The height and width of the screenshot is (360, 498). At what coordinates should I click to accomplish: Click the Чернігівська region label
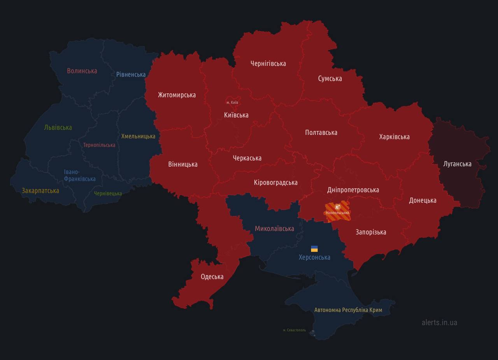point(268,63)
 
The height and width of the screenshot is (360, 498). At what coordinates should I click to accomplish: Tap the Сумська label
point(330,79)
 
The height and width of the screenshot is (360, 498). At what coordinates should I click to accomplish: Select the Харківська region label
point(394,137)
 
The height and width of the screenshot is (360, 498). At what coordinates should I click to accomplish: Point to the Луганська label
point(457,164)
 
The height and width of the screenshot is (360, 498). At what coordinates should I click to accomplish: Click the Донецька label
point(423,201)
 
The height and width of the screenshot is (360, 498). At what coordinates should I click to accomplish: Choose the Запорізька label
point(370,232)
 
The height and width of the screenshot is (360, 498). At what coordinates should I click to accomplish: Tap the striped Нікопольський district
point(338,211)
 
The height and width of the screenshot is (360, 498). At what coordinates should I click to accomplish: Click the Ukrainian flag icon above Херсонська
point(314,249)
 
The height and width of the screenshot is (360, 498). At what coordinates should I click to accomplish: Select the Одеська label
point(212,277)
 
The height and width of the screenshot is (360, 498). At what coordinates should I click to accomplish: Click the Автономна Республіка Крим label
point(348,310)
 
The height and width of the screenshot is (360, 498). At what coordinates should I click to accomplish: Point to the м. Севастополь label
point(294,330)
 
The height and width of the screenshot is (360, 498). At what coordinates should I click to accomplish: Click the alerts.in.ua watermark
point(439,322)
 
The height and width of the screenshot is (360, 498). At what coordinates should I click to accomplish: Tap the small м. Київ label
point(232,102)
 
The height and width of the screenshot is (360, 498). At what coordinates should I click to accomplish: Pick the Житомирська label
point(177,95)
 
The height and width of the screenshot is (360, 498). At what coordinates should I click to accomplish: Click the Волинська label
point(82,71)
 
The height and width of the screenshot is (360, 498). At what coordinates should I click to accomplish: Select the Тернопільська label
point(99,145)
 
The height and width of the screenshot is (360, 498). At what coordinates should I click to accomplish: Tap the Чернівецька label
point(108,193)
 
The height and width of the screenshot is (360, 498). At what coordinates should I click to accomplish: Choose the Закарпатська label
point(40,190)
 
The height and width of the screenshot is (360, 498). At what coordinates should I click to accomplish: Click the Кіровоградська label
point(275,182)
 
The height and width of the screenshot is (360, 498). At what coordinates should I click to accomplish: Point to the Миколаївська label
point(274,229)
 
